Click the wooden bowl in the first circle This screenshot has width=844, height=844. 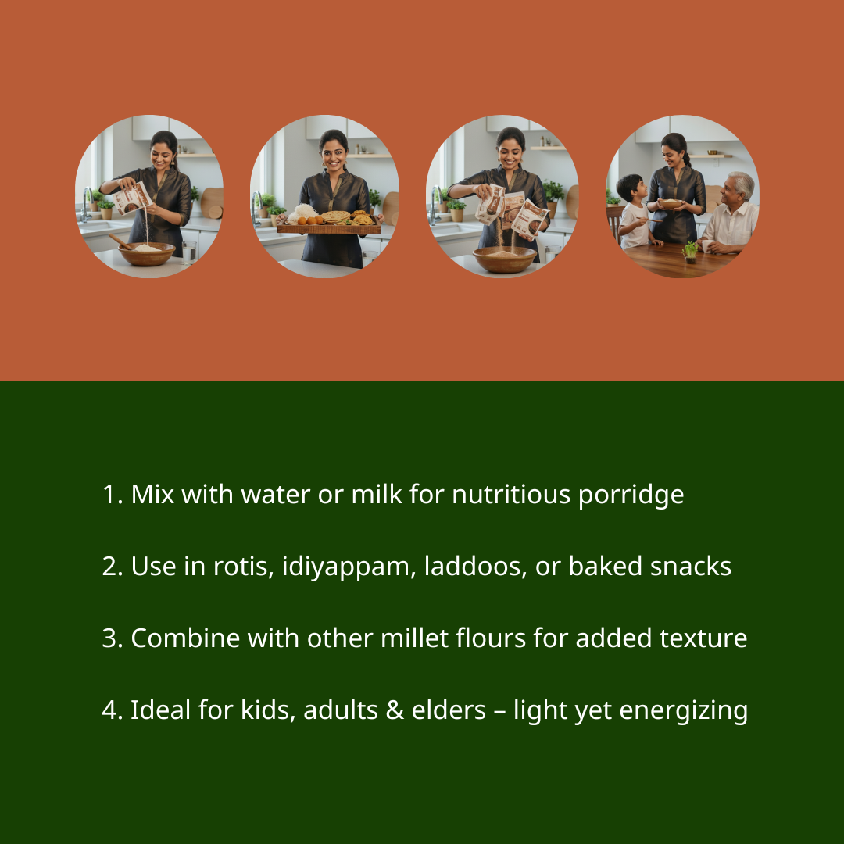(x=146, y=254)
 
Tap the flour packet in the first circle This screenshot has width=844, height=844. (x=131, y=198)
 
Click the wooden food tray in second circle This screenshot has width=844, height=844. (x=328, y=228)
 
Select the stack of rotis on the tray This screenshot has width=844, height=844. (x=336, y=216)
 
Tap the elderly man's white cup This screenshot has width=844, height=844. (x=706, y=246)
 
